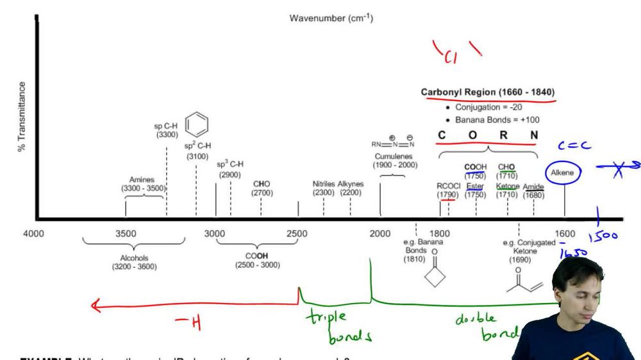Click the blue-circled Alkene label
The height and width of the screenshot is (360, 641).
click(x=563, y=173)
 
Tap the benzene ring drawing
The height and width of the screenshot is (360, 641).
click(x=198, y=123)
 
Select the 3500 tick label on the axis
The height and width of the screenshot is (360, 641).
click(x=126, y=234)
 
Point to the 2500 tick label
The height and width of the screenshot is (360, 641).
click(x=297, y=234)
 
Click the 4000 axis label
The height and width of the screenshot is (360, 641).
click(x=33, y=234)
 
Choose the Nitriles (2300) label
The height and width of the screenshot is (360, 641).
click(x=323, y=188)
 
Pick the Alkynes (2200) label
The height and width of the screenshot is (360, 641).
click(x=351, y=188)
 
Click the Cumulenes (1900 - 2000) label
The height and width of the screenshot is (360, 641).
click(x=394, y=161)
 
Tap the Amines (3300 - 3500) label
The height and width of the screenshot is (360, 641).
click(x=143, y=184)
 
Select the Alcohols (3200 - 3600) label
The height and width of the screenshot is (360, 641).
click(x=134, y=263)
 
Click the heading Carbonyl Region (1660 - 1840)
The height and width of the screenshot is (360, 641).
click(x=488, y=92)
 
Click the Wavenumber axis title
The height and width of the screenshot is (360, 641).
click(x=331, y=18)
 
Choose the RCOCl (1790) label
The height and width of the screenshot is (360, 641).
click(x=449, y=190)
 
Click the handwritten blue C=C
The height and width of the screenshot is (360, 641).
click(x=574, y=145)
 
